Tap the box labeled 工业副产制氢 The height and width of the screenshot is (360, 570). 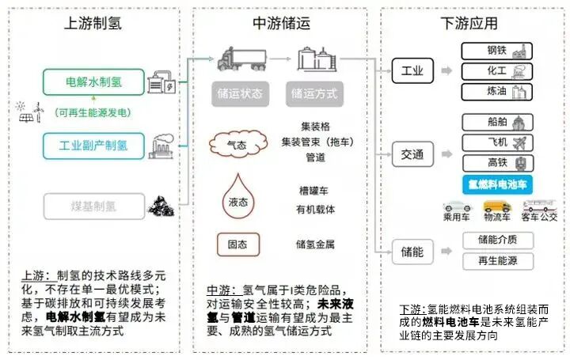(x=93, y=146)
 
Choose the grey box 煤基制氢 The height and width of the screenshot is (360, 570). (x=93, y=207)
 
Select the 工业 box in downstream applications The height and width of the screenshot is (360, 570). (x=418, y=71)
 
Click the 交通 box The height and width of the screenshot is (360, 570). (x=418, y=152)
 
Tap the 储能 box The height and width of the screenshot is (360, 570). (x=418, y=252)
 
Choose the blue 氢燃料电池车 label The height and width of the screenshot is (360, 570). (x=496, y=184)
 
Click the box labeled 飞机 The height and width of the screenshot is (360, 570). (x=496, y=143)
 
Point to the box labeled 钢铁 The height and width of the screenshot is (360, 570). (x=496, y=51)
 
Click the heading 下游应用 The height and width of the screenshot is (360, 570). (x=470, y=23)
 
